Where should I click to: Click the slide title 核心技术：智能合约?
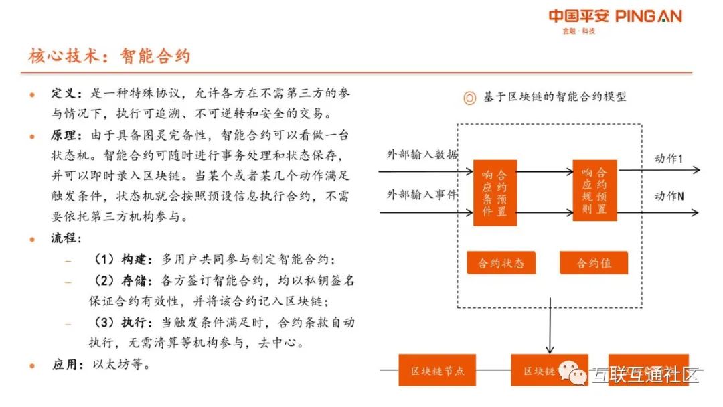click(109, 56)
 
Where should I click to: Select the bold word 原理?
click(66, 135)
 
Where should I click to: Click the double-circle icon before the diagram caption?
click(470, 98)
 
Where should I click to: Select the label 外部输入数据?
click(422, 155)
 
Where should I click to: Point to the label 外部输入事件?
click(422, 195)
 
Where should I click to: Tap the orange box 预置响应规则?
click(594, 190)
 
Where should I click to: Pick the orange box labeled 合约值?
click(594, 263)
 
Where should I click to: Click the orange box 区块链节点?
click(437, 370)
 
